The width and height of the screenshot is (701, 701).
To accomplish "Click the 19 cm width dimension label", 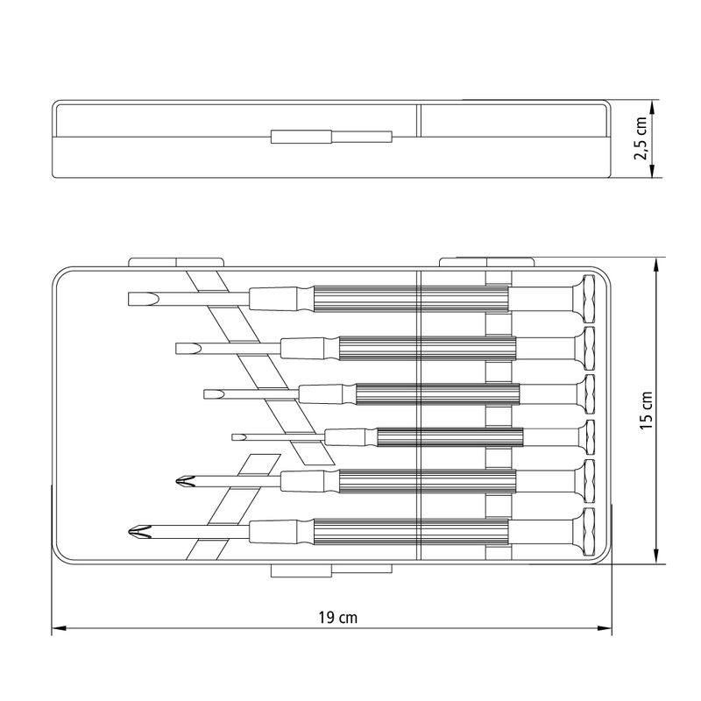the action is click(338, 618).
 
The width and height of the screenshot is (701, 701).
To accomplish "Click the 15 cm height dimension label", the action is click(647, 411).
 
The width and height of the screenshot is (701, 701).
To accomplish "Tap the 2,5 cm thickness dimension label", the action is click(641, 138).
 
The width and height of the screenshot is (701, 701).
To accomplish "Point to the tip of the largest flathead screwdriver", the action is click(129, 299).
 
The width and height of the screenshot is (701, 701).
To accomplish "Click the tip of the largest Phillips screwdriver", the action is click(128, 532).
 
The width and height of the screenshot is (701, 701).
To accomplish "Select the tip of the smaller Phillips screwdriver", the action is click(176, 482).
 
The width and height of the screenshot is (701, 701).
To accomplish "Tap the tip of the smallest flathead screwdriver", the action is click(232, 437).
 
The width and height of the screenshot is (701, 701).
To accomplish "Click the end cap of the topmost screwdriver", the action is click(589, 299).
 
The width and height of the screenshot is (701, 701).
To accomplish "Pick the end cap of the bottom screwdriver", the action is click(589, 532).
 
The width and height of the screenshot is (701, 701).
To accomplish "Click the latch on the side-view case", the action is click(331, 137).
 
